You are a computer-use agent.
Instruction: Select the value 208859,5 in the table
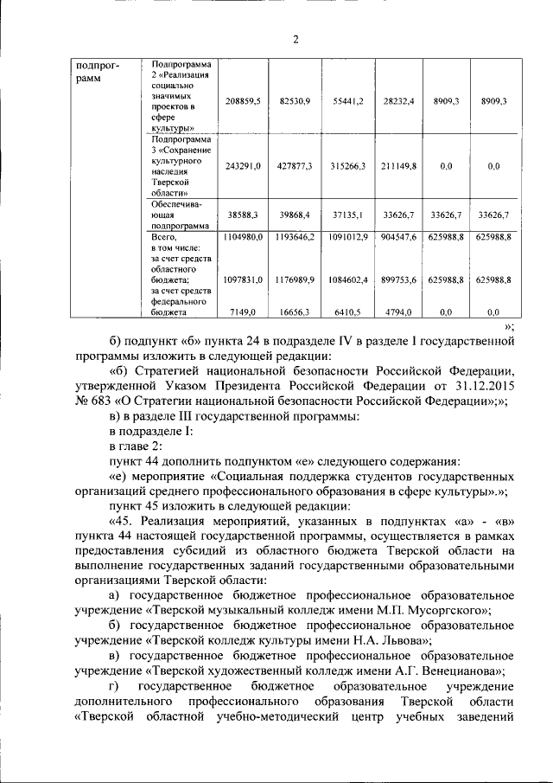[x=243, y=102]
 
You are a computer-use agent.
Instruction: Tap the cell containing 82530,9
[x=296, y=102]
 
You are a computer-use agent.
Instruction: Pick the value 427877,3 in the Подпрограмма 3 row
[x=296, y=166]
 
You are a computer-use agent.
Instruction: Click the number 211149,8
[x=400, y=166]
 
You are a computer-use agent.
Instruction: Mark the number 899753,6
[x=400, y=279]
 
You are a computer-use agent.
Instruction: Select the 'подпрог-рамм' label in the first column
[x=97, y=72]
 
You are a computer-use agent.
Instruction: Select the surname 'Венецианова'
[x=456, y=671]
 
